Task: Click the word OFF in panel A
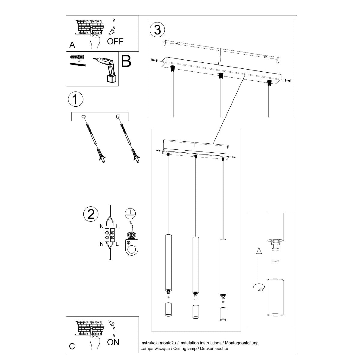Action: tap(115, 41)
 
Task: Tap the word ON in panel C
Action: tap(113, 342)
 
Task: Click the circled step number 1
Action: tap(76, 99)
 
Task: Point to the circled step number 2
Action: tap(91, 214)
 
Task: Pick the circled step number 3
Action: tap(157, 29)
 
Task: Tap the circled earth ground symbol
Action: tap(130, 214)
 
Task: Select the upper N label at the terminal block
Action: tap(102, 226)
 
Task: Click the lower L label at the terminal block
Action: tap(117, 244)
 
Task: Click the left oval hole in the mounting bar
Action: tap(84, 117)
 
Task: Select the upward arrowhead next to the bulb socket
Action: tap(259, 251)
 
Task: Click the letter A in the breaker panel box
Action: tap(72, 45)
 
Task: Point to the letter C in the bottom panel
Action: tap(72, 346)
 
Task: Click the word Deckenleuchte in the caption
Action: tap(214, 348)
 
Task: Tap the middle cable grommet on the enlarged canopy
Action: tap(221, 76)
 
